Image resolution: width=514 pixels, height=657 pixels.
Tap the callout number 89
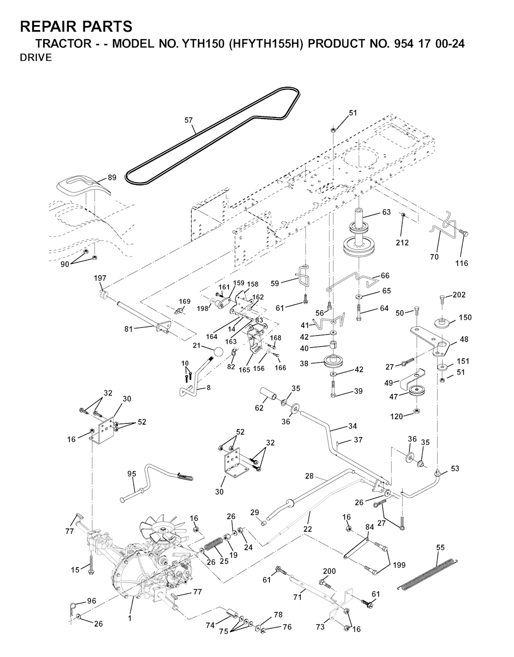point(112,178)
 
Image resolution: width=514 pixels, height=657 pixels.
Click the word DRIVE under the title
point(35,58)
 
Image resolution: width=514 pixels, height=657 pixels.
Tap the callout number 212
point(402,243)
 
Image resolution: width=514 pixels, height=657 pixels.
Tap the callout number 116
point(461,263)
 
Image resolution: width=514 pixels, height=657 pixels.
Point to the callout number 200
point(329,571)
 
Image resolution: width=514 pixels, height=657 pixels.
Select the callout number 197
point(100,278)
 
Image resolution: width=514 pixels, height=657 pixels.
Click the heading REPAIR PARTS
point(76,26)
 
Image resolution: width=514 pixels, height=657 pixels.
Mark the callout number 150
point(465,317)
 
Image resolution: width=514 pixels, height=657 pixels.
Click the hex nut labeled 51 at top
point(334,129)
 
